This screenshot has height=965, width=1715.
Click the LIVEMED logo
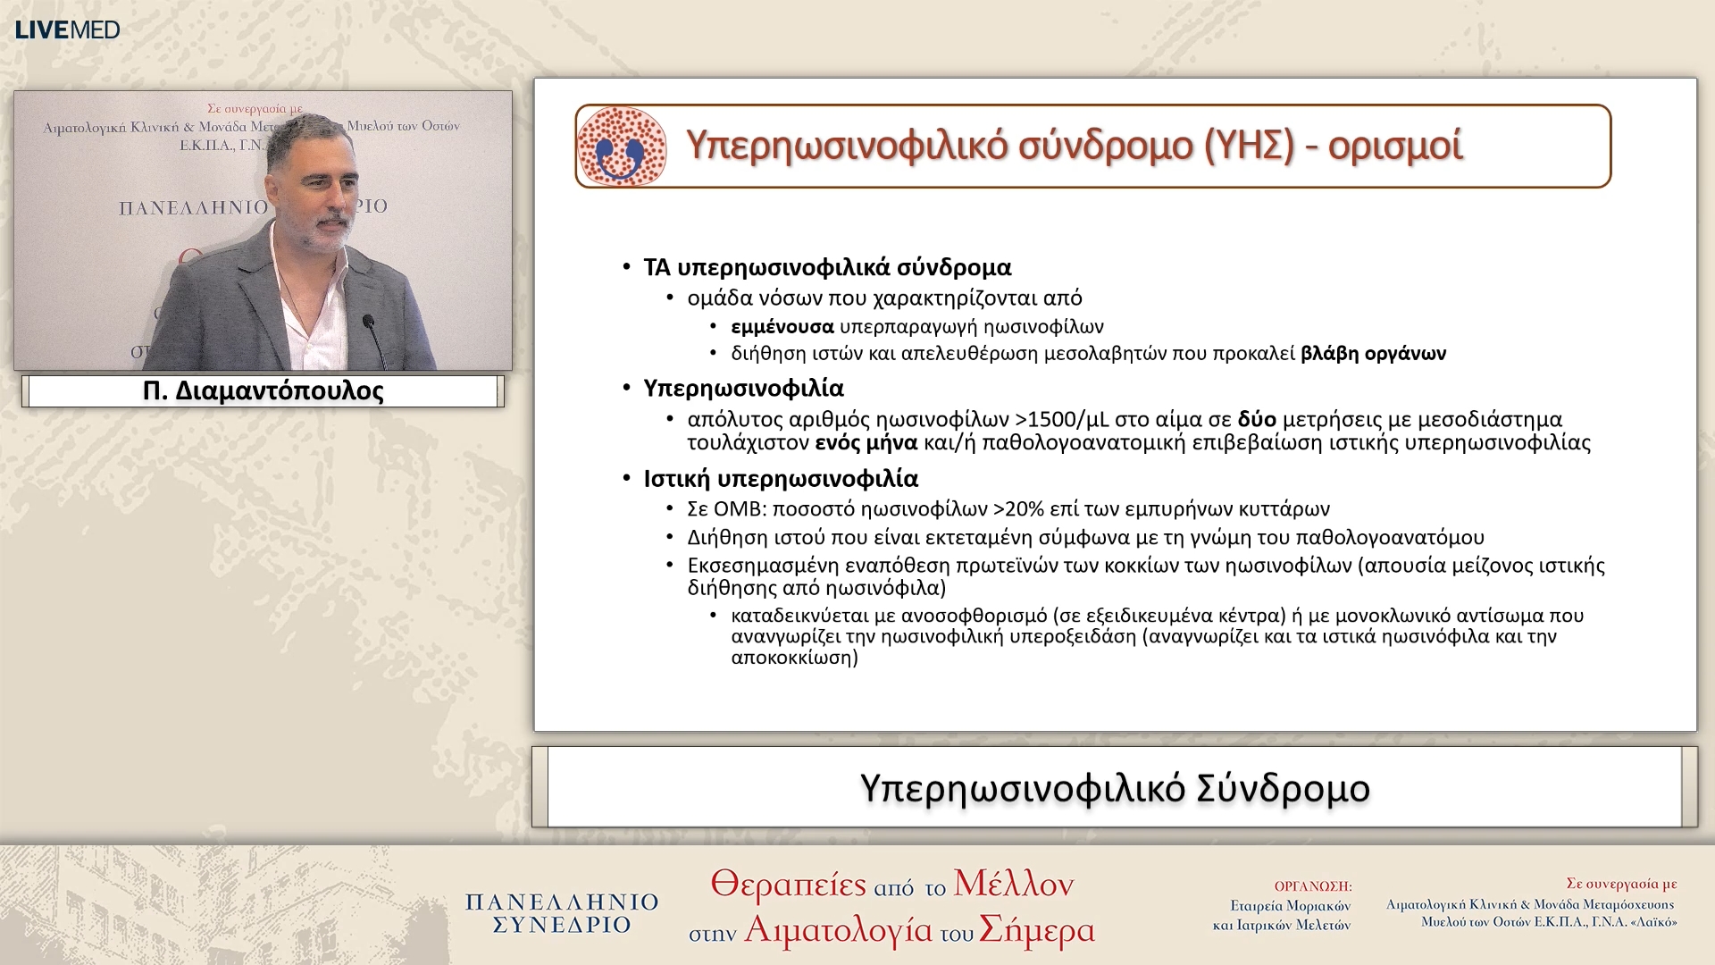[67, 29]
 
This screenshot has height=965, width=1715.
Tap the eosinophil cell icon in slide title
[622, 147]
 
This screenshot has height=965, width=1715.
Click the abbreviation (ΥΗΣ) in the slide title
[1249, 146]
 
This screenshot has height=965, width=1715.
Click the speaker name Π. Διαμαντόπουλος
[263, 391]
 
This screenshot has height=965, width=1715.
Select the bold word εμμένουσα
[782, 327]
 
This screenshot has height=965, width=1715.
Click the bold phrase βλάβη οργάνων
[1373, 354]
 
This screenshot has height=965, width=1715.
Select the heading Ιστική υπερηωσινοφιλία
[781, 479]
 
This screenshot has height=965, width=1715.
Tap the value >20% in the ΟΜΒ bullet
[1017, 509]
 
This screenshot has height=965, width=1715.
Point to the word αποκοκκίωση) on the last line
[794, 658]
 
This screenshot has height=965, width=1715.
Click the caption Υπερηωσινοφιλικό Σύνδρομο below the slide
[1114, 788]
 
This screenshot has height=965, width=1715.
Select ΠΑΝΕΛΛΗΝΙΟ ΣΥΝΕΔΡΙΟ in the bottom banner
[562, 913]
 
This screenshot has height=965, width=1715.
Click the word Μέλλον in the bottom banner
[1013, 885]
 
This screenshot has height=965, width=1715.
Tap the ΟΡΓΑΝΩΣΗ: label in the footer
[1312, 886]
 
